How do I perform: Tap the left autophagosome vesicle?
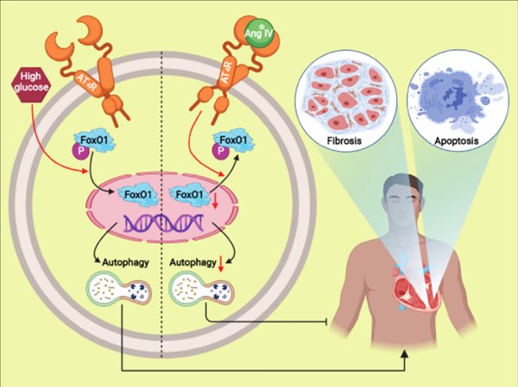click(x=114, y=290)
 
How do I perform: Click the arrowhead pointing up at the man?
click(x=406, y=354)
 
